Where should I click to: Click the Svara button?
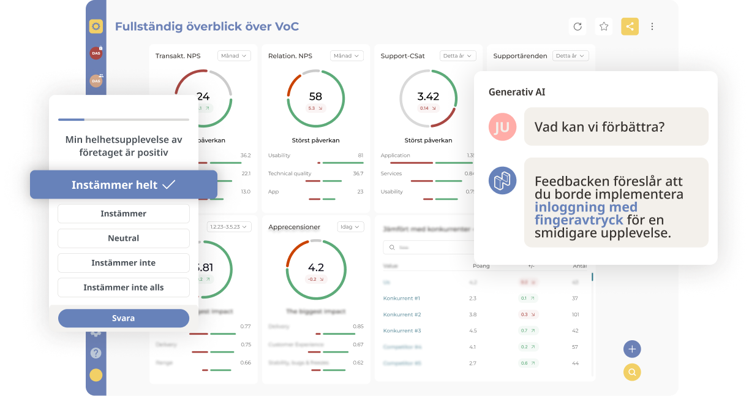[124, 318]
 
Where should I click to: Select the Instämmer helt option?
[124, 185]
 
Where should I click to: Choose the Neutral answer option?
[124, 238]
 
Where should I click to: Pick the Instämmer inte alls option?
[124, 287]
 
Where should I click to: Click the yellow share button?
[630, 26]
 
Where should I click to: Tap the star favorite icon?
[604, 26]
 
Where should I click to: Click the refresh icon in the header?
[578, 26]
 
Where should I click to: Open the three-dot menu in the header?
[652, 26]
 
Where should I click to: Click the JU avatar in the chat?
[502, 127]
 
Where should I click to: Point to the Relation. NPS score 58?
[315, 97]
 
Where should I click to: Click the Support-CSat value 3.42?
[428, 97]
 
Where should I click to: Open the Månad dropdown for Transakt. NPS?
[234, 56]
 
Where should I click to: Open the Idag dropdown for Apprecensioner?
[350, 227]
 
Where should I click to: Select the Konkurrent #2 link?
[402, 314]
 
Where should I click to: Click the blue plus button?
[632, 349]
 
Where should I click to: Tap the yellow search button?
[632, 372]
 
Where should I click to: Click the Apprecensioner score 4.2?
[315, 268]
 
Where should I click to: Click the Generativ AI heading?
[517, 92]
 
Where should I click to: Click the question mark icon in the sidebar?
[96, 353]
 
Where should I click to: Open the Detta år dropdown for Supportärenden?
[570, 56]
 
